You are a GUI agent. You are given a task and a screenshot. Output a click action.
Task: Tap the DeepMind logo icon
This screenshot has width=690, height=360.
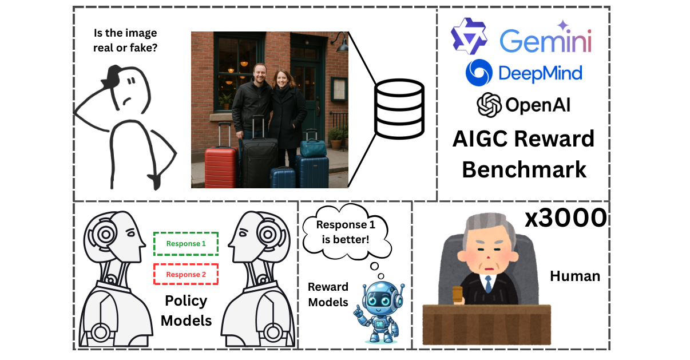pyautogui.click(x=479, y=73)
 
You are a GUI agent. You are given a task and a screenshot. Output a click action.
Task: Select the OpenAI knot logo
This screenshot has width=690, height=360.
pyautogui.click(x=489, y=105)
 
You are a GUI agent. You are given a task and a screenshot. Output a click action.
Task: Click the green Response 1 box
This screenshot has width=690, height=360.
pyautogui.click(x=186, y=243)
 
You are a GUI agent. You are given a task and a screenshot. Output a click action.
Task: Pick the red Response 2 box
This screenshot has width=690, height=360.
pyautogui.click(x=186, y=274)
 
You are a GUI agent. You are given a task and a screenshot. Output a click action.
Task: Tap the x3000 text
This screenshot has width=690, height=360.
pyautogui.click(x=565, y=218)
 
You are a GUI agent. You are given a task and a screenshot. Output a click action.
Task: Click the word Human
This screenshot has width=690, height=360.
pyautogui.click(x=574, y=276)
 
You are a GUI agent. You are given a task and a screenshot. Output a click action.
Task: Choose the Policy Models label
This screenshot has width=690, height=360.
pyautogui.click(x=186, y=311)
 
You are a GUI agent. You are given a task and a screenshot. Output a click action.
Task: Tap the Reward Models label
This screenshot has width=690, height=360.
pyautogui.click(x=328, y=294)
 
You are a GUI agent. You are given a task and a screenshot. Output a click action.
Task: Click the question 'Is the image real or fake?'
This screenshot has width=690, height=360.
pyautogui.click(x=125, y=41)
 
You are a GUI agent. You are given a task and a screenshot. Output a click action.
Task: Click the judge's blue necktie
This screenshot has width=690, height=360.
pyautogui.click(x=487, y=283)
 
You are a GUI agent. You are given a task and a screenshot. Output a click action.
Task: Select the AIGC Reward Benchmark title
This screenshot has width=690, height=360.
pyautogui.click(x=524, y=155)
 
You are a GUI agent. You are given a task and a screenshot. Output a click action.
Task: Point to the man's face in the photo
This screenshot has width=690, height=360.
pyautogui.click(x=259, y=74)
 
